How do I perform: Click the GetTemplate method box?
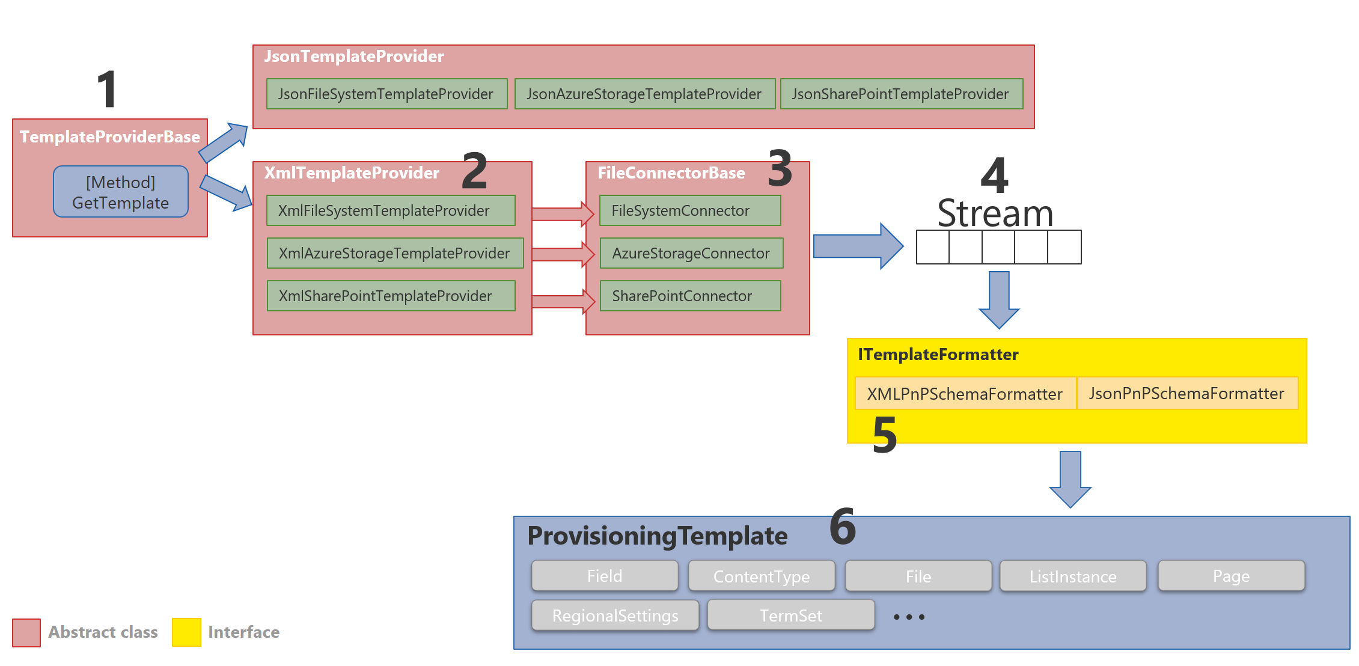click(x=120, y=192)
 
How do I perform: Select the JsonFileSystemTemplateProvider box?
click(x=386, y=94)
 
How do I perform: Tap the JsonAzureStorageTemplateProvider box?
click(x=644, y=94)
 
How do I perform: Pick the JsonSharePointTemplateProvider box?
click(x=901, y=94)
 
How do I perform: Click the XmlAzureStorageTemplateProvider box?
click(x=395, y=253)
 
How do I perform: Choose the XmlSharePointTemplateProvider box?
click(x=391, y=296)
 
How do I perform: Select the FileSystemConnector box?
click(x=689, y=210)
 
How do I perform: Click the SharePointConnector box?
click(x=689, y=296)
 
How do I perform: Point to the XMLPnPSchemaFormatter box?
click(x=965, y=394)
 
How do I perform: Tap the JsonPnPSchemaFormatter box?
click(x=1187, y=394)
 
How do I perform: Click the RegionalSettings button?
click(x=615, y=616)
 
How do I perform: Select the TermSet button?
click(x=790, y=616)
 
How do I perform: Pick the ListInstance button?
click(x=1073, y=576)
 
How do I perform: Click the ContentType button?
click(x=761, y=576)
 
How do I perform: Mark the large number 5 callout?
click(x=884, y=435)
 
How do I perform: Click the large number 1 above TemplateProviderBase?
click(x=107, y=89)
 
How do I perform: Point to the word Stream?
click(x=995, y=213)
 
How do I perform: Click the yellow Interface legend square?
click(x=186, y=632)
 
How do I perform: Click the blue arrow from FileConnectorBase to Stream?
click(x=857, y=246)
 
